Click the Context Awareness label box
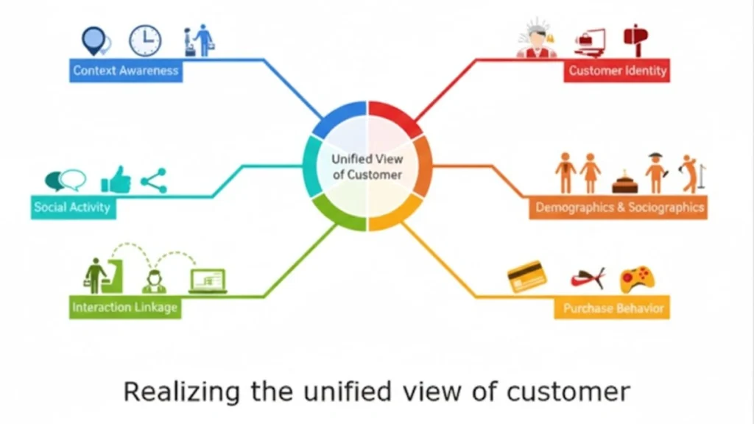126,71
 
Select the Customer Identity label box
617,71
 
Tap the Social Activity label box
72,207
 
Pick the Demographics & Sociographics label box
619,208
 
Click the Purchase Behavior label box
613,308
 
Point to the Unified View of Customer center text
367,167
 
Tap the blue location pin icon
94,40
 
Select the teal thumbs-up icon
116,180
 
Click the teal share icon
153,180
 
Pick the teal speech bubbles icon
65,180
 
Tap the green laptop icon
208,280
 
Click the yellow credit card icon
527,277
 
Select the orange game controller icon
637,279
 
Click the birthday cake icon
624,183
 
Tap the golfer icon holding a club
691,174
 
